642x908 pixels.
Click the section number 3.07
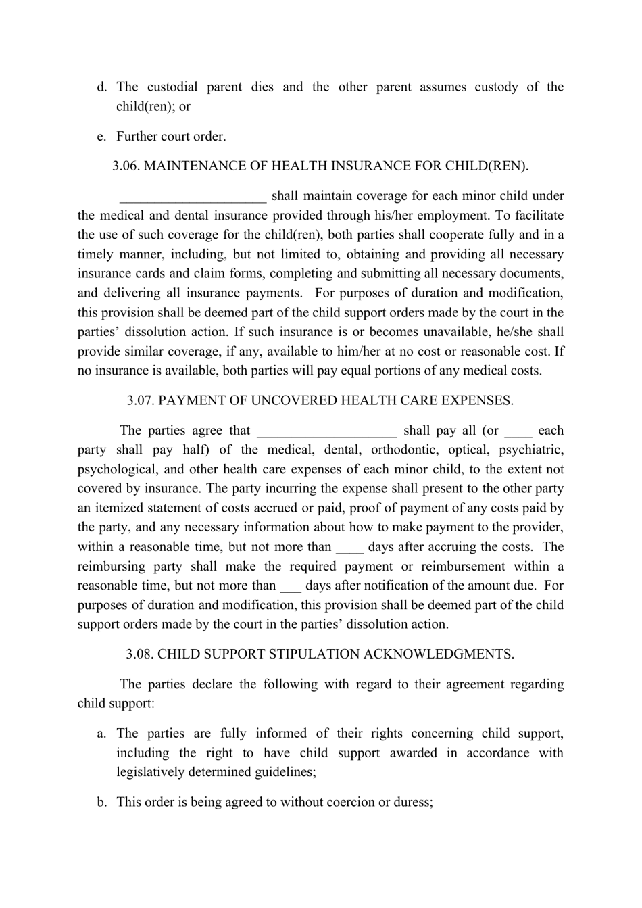pyautogui.click(x=141, y=400)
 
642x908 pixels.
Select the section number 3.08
pyautogui.click(x=141, y=654)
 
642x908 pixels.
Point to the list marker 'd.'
pyautogui.click(x=102, y=87)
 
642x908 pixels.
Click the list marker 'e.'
pyautogui.click(x=102, y=137)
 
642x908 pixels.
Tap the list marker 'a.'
pyautogui.click(x=102, y=734)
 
